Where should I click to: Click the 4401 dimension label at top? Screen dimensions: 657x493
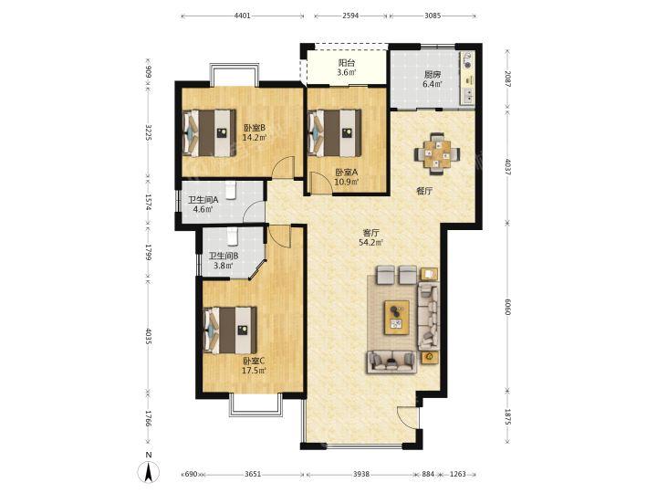point(242,16)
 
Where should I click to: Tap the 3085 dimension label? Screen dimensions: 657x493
point(433,16)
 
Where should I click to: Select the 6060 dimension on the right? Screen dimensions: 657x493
point(507,307)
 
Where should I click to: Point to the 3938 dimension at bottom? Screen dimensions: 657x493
point(361,474)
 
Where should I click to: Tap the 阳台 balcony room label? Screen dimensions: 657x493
point(347,63)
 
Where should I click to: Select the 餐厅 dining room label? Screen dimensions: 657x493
point(424,191)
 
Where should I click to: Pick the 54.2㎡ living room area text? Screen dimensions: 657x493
point(370,242)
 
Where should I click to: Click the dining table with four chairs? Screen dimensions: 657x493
point(437,154)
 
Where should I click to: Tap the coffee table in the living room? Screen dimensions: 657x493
point(397,318)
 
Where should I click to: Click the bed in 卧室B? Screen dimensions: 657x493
point(209,133)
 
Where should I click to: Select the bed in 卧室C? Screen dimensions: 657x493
point(230,330)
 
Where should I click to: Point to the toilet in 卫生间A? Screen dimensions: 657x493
point(231,190)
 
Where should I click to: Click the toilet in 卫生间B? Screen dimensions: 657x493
point(233,236)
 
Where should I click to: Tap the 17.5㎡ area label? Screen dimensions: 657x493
point(254,370)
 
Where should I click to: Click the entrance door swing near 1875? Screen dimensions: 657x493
point(408,417)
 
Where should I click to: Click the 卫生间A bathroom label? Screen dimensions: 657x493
point(203,200)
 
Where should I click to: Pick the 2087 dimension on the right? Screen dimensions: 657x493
point(507,79)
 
